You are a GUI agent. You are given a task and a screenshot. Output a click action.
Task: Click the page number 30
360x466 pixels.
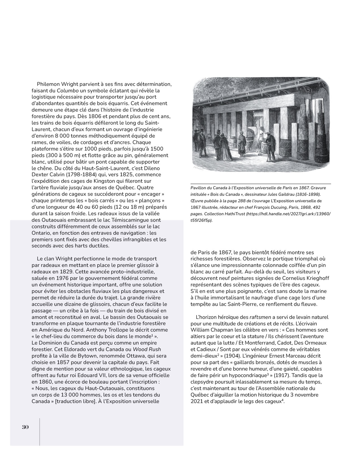click(25, 427)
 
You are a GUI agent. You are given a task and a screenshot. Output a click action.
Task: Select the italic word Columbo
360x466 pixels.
click(68, 91)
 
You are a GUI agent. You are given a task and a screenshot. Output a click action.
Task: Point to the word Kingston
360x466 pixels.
click(93, 181)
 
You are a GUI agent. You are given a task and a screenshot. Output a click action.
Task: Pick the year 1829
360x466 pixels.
click(66, 272)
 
